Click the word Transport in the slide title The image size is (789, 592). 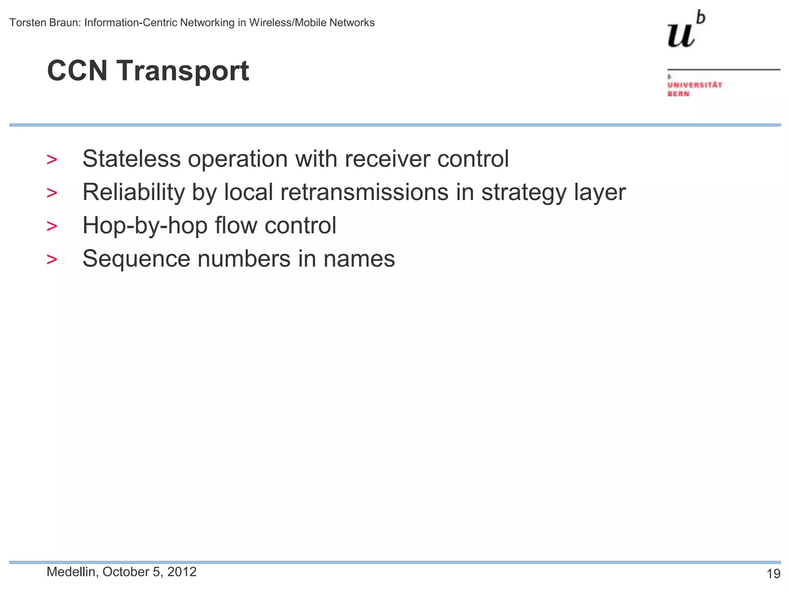click(x=183, y=71)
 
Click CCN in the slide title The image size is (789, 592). click(x=77, y=71)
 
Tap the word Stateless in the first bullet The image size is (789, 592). click(x=131, y=158)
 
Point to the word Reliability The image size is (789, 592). click(x=133, y=192)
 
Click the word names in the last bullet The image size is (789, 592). click(x=359, y=259)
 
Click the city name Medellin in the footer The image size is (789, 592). click(x=71, y=572)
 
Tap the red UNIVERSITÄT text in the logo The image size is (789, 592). click(x=695, y=85)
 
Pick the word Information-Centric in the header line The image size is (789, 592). click(x=131, y=23)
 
